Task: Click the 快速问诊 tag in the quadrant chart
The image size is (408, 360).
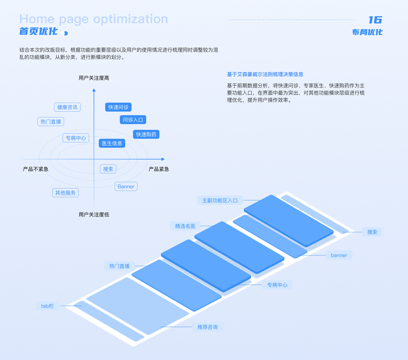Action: tap(118, 107)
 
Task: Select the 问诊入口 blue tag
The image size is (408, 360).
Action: tap(133, 120)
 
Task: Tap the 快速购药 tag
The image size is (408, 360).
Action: tap(146, 134)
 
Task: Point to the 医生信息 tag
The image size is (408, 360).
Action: tap(112, 143)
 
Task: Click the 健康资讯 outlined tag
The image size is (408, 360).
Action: tap(67, 107)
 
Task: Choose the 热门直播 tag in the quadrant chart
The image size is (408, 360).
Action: tap(51, 121)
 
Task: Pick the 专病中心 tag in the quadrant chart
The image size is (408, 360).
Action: tap(76, 138)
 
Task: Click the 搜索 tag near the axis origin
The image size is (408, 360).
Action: tap(108, 169)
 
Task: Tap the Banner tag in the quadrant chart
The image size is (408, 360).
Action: tap(126, 187)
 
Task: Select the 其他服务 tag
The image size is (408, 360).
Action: tap(65, 193)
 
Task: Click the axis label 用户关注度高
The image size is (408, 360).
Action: tap(94, 78)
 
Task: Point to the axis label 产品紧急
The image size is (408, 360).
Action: tap(159, 169)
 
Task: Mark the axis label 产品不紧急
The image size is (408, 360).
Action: tap(36, 169)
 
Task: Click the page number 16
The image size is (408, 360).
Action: tap(374, 20)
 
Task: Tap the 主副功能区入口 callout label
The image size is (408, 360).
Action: tap(220, 200)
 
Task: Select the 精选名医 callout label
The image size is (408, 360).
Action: tap(185, 226)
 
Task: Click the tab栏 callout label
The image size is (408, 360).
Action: tap(47, 306)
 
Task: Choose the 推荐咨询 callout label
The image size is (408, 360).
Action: tap(208, 327)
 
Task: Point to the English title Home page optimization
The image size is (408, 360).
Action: tap(94, 19)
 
